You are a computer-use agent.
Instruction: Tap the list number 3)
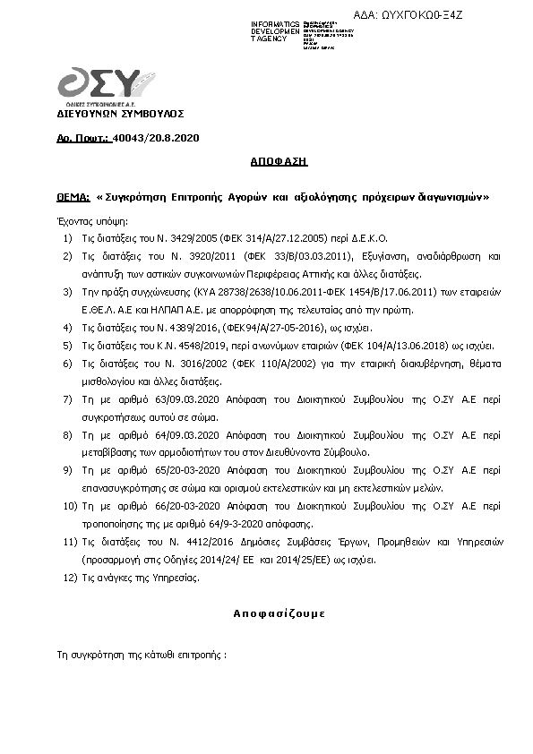coord(68,292)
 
